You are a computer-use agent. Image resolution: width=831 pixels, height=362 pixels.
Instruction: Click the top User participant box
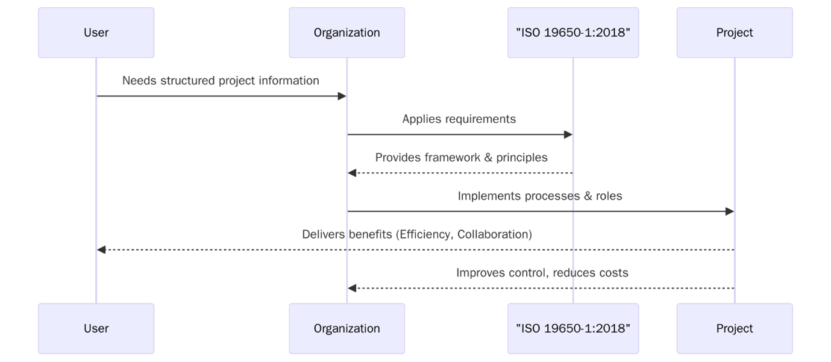click(96, 33)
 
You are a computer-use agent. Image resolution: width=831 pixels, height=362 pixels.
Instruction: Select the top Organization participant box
click(347, 33)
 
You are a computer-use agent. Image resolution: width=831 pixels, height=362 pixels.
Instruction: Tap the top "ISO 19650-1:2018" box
click(572, 33)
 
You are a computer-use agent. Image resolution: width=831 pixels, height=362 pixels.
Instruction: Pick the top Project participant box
click(734, 33)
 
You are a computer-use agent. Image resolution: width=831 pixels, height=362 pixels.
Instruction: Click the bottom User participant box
click(96, 328)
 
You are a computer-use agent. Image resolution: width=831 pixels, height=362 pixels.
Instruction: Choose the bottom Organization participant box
click(347, 328)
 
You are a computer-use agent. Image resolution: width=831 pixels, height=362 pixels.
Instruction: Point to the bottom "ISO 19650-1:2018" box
click(572, 328)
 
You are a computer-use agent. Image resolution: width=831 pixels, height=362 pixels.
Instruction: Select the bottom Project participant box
click(734, 328)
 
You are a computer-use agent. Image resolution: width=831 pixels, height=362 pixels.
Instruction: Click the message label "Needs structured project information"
click(221, 81)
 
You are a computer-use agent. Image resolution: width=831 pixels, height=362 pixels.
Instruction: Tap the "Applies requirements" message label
click(459, 119)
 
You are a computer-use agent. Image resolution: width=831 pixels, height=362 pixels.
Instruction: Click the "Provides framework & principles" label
click(461, 158)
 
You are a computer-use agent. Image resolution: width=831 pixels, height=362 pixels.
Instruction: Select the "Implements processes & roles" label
click(540, 196)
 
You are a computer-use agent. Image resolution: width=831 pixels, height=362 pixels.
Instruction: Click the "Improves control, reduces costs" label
click(542, 273)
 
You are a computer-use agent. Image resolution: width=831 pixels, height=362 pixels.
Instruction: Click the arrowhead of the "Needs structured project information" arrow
click(342, 96)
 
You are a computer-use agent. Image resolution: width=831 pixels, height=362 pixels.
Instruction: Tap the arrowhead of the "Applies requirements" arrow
click(568, 135)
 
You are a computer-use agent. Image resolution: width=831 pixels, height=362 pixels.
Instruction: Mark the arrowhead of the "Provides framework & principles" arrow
click(352, 173)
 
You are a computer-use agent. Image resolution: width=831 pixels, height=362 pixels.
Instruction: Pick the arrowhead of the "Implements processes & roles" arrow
click(730, 211)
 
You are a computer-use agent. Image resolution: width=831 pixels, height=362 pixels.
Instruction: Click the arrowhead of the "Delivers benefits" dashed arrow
click(101, 250)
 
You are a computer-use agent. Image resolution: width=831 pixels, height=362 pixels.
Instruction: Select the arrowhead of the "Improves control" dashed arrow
click(352, 289)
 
